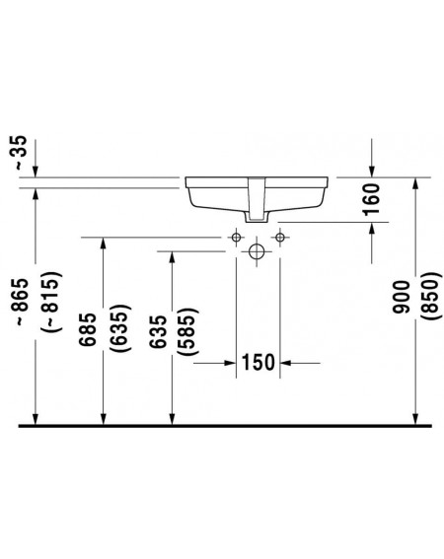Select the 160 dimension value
[x=371, y=199]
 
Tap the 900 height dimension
[x=401, y=297]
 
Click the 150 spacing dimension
[x=259, y=362]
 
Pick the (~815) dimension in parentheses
[x=52, y=302]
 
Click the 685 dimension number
[x=88, y=328]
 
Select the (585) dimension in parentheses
[x=188, y=331]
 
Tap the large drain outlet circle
[x=257, y=251]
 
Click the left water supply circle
[x=236, y=237]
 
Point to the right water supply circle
[x=280, y=237]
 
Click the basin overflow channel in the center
[x=257, y=198]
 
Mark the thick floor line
[x=225, y=426]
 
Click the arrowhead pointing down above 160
[x=372, y=171]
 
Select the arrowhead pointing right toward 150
[x=230, y=363]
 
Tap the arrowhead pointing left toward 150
[x=286, y=363]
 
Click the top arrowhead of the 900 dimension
[x=415, y=184]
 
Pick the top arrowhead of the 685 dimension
[x=104, y=244]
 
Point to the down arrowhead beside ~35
[x=35, y=171]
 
